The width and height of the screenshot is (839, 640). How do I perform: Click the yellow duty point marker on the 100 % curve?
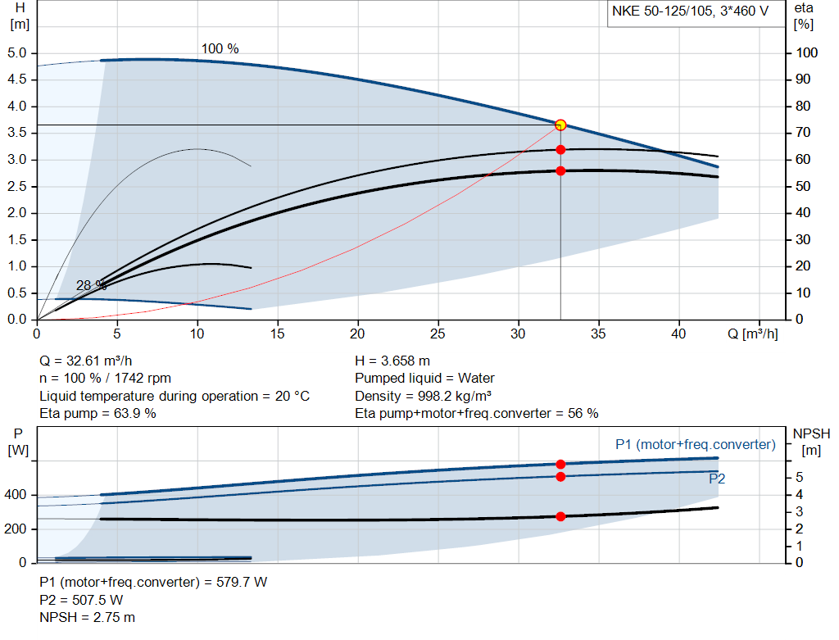560,125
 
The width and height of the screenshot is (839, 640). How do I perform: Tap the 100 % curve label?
220,49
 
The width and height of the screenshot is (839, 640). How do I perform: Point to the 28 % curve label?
91,286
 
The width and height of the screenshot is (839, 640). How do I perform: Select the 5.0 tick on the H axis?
17,53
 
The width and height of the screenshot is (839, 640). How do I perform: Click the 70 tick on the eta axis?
805,133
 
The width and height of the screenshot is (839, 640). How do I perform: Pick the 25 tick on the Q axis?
438,334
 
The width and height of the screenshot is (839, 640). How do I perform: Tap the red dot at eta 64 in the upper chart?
560,150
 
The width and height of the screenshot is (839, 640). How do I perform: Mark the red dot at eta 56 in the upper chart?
560,171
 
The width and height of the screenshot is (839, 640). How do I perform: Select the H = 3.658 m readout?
392,361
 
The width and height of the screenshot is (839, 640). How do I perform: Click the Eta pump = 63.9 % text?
98,413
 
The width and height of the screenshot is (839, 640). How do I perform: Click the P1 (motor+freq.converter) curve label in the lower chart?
695,444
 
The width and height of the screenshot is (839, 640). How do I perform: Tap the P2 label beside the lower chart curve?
717,479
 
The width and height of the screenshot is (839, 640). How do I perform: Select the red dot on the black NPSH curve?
560,516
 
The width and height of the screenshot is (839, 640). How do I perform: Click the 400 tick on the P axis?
18,495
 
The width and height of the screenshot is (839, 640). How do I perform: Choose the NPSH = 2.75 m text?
87,617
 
